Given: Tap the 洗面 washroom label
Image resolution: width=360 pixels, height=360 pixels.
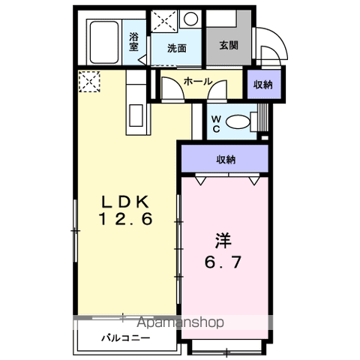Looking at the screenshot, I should [x=177, y=49].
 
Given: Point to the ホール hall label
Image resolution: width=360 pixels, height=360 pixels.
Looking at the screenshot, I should [x=198, y=81].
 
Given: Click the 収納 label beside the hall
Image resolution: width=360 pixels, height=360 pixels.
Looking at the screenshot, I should [x=262, y=84].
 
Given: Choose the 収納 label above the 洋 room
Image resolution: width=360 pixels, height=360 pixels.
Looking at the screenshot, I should [x=226, y=159].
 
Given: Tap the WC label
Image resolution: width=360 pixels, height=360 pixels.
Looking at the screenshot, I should [x=214, y=122].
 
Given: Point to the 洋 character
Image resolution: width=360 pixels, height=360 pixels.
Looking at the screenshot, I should [x=223, y=241].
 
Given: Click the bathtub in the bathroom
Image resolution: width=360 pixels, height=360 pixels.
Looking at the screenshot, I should [x=106, y=37].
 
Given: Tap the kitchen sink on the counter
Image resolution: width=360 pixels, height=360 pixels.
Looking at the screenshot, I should [x=138, y=115].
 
